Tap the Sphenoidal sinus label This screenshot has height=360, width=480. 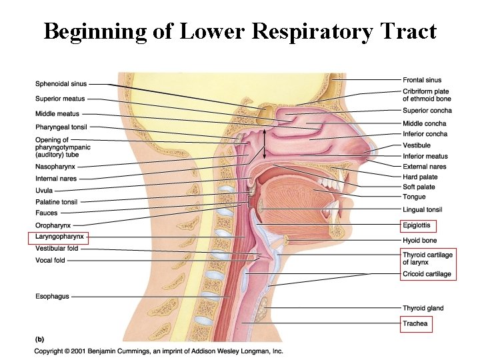61,84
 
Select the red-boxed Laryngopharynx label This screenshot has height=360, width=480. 58,237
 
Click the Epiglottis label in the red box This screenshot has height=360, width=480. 419,225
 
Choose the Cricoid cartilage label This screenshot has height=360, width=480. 427,274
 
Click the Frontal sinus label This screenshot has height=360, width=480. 422,80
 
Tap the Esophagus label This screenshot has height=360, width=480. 52,297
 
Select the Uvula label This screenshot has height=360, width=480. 44,191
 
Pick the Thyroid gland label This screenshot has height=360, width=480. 423,308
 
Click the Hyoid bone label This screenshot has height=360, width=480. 420,240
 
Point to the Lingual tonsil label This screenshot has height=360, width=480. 423,210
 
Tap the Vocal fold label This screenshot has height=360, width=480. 50,261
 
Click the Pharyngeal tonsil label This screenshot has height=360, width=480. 61,127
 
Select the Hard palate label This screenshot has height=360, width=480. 420,177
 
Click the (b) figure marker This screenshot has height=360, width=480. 41,337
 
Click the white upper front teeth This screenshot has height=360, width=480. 327,181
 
